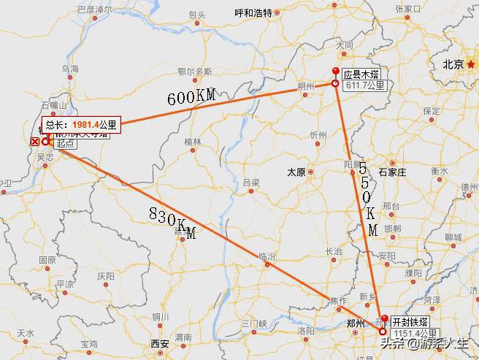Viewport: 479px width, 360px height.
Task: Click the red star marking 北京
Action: coord(471,64)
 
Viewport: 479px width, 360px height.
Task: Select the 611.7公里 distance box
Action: coord(364,85)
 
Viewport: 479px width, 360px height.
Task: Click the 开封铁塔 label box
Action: coord(410,322)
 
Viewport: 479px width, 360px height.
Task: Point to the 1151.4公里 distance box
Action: coord(411,334)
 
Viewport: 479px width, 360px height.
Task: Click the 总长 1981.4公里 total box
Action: coord(81,125)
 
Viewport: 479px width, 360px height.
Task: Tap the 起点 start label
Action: coord(65,144)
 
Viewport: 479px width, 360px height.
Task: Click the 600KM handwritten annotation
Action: coord(191,96)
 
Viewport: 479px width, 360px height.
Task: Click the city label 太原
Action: coord(296,173)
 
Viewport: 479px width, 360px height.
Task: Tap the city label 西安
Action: coord(159,343)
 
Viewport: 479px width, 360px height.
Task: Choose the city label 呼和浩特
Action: coord(253,13)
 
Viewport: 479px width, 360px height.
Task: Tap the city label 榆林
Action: coord(193,142)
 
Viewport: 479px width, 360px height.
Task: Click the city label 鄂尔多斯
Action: coord(194,72)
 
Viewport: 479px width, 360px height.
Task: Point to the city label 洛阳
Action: coord(305,331)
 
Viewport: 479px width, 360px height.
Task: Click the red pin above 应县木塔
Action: coord(335,72)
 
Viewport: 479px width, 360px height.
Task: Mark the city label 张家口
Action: coord(407,9)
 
